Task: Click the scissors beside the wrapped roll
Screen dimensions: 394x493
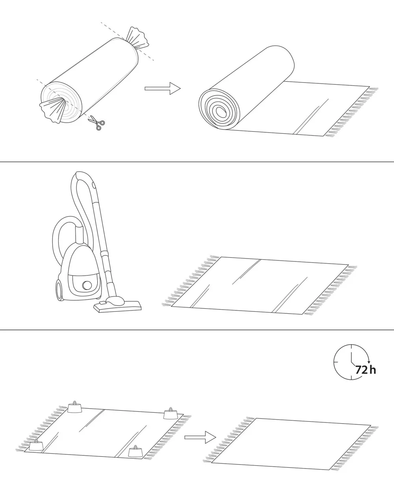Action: pyautogui.click(x=97, y=123)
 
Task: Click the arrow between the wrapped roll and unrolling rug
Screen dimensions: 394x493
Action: pyautogui.click(x=163, y=88)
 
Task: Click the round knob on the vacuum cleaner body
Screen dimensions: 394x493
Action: pyautogui.click(x=87, y=285)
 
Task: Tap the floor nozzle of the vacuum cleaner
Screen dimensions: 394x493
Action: pyautogui.click(x=117, y=305)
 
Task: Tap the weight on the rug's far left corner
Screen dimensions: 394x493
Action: pyautogui.click(x=75, y=408)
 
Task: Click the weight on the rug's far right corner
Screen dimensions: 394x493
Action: pyautogui.click(x=171, y=414)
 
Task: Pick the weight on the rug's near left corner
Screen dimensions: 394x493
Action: pyautogui.click(x=36, y=445)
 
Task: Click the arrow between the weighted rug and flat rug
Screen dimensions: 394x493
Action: pyautogui.click(x=200, y=437)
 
